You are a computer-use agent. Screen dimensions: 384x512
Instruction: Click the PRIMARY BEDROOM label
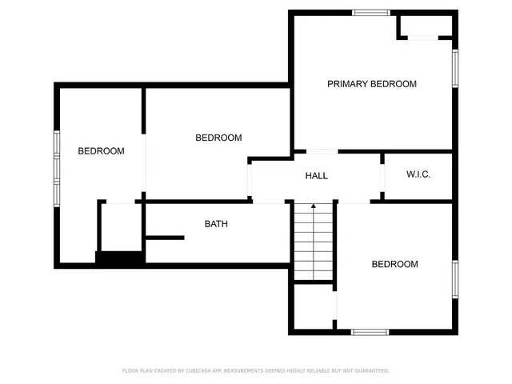pos(372,84)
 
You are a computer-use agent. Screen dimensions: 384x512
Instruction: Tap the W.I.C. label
pos(418,174)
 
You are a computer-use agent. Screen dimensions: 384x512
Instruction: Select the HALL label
pos(317,176)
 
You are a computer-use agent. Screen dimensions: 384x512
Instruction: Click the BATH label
pos(216,224)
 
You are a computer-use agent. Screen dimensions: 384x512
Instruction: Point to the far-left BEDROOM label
pos(101,151)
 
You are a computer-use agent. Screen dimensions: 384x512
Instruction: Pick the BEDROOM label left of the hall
pos(218,138)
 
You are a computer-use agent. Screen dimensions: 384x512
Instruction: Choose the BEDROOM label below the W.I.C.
pos(394,264)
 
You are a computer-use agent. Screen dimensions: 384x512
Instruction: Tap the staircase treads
pos(313,244)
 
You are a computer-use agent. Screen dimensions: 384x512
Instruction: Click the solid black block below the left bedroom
pos(119,258)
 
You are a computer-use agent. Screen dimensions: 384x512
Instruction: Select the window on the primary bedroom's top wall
pos(371,12)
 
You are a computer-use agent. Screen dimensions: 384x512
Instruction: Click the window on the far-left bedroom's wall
pos(57,167)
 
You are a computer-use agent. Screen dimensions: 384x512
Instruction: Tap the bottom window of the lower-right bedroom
pos(370,331)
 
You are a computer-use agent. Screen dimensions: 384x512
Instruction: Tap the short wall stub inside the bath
pos(165,237)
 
